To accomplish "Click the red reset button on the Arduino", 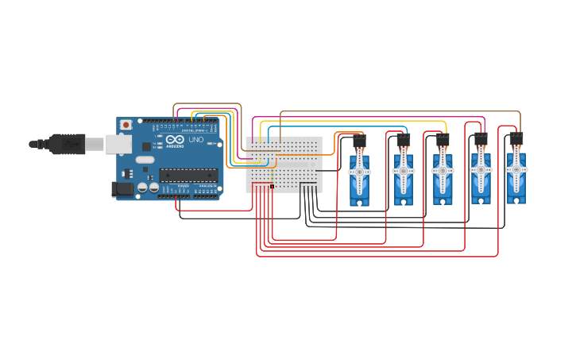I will click(125, 125).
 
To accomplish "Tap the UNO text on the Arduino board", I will click(195, 140).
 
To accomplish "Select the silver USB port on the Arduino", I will click(118, 144).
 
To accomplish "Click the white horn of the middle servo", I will click(443, 171).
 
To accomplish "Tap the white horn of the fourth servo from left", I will click(481, 169).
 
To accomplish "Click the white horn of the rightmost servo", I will click(516, 170).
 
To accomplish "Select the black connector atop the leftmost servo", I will click(360, 140).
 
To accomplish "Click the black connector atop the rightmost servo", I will click(516, 137).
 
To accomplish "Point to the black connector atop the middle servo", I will click(443, 139).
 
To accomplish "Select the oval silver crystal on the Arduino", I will click(145, 160).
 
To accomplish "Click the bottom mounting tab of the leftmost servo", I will click(359, 203).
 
